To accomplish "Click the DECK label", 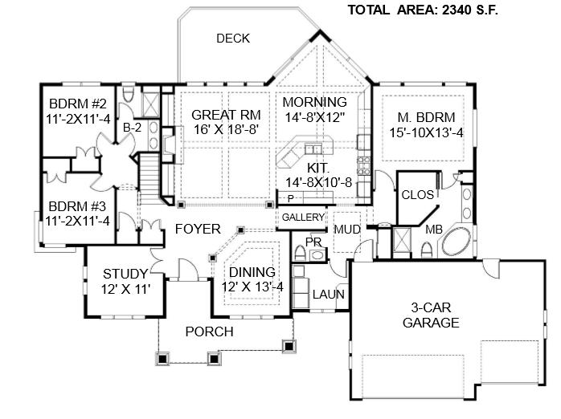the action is (x=233, y=39).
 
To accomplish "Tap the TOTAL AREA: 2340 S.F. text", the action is (x=423, y=10).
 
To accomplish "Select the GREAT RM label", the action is (x=226, y=115).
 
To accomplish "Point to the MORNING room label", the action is (x=314, y=102).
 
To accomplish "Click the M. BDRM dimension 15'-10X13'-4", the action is (x=426, y=132).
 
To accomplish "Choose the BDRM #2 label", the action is (x=78, y=104).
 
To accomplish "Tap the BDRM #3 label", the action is (x=77, y=206).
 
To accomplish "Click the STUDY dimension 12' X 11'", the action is (x=125, y=289).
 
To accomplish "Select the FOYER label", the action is (x=198, y=229).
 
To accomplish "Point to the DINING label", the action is (x=252, y=272).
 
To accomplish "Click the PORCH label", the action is (x=209, y=332).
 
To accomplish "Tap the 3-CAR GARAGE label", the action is (x=431, y=315).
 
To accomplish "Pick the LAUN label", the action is (x=329, y=295).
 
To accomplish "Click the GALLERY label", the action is (x=303, y=218).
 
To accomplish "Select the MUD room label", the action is (x=347, y=230).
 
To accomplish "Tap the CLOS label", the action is (x=417, y=195).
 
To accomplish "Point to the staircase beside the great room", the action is (x=148, y=177).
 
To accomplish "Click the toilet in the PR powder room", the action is (x=300, y=253).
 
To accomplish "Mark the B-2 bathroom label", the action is (x=132, y=128).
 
